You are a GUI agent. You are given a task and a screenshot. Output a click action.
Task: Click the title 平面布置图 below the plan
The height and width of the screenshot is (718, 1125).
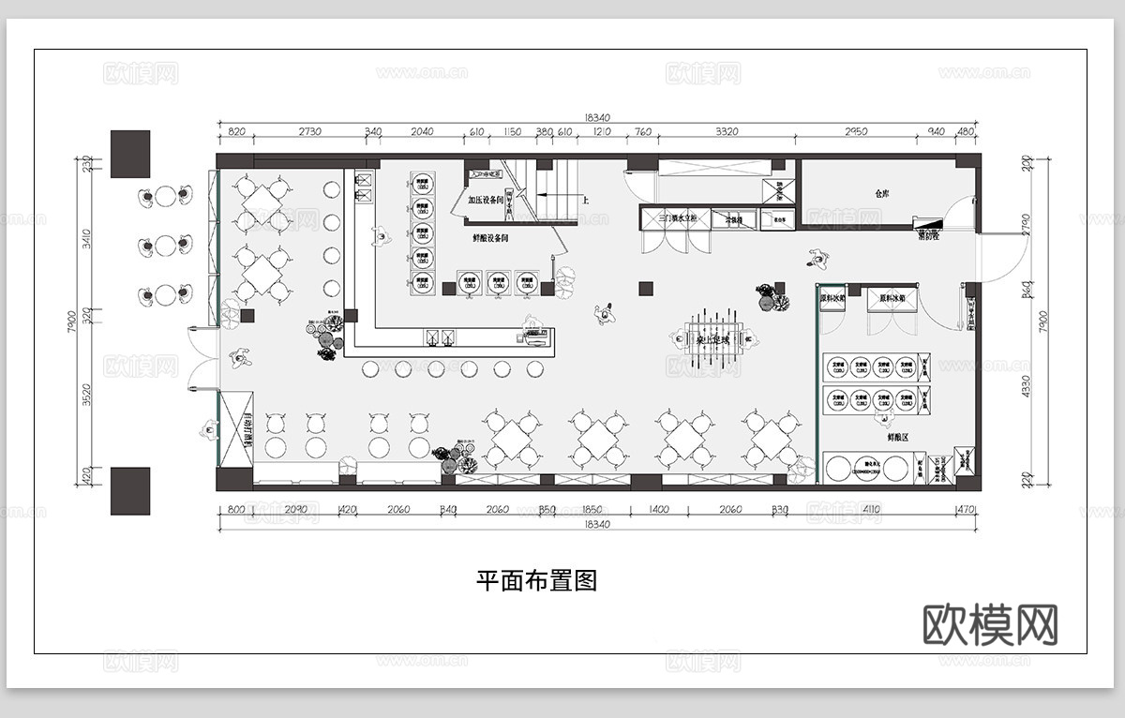click(x=536, y=581)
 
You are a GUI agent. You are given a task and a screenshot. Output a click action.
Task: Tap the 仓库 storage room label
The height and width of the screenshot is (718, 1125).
click(x=880, y=193)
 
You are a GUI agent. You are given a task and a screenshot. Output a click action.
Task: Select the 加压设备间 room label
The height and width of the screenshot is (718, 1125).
click(x=487, y=200)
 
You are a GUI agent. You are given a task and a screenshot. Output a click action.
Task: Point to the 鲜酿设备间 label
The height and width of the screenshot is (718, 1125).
click(x=490, y=239)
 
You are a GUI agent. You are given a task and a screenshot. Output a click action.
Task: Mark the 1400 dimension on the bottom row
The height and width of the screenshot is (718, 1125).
click(x=659, y=510)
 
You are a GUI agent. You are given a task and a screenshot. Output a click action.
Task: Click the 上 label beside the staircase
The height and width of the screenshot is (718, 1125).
click(x=586, y=200)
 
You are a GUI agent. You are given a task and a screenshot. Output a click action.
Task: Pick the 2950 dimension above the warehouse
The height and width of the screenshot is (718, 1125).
click(x=856, y=132)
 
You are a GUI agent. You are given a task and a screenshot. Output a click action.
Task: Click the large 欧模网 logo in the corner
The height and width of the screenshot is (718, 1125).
click(x=991, y=624)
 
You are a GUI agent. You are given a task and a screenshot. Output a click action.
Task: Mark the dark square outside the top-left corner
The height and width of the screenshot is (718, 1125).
click(x=130, y=154)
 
